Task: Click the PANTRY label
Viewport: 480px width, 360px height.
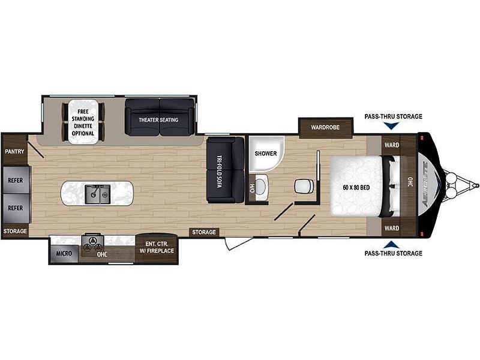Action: click(x=14, y=151)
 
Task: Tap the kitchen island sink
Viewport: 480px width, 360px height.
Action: click(x=98, y=194)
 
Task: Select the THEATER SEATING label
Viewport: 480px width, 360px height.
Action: click(x=158, y=119)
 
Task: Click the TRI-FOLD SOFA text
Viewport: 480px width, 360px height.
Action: click(x=220, y=171)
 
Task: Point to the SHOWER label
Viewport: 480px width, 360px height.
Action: click(x=266, y=154)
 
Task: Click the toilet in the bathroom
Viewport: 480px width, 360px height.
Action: click(x=304, y=186)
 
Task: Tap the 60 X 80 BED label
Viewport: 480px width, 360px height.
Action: click(x=356, y=187)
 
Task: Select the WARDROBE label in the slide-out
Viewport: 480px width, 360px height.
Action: click(x=325, y=127)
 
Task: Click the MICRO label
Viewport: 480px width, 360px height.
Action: click(x=64, y=253)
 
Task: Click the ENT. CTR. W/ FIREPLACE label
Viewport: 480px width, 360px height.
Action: click(x=157, y=247)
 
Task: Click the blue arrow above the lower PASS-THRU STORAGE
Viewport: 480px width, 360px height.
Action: click(x=391, y=244)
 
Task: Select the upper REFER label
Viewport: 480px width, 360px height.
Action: click(x=16, y=181)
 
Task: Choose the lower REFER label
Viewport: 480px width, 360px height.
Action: click(x=16, y=208)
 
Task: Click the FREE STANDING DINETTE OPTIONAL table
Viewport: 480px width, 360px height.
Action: click(x=83, y=122)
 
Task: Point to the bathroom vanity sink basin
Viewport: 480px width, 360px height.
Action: click(x=260, y=186)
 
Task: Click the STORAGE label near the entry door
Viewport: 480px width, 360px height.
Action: click(x=204, y=232)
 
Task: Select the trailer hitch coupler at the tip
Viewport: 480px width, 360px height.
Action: click(x=475, y=185)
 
